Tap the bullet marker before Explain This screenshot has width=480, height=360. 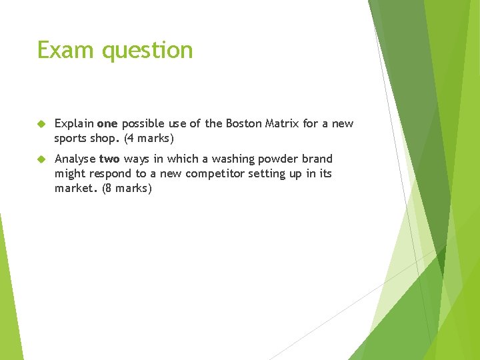tap(41, 124)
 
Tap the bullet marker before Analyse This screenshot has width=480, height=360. tap(41, 159)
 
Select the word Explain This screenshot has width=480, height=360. tap(74, 124)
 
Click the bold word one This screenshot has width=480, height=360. tap(107, 124)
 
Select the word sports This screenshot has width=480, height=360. tap(71, 139)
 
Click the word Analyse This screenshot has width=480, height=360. tap(75, 159)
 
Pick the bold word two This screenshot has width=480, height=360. tap(109, 159)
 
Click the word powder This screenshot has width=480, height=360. tap(279, 159)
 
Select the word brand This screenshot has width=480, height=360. tap(317, 159)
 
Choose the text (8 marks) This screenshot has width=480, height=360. tap(127, 189)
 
